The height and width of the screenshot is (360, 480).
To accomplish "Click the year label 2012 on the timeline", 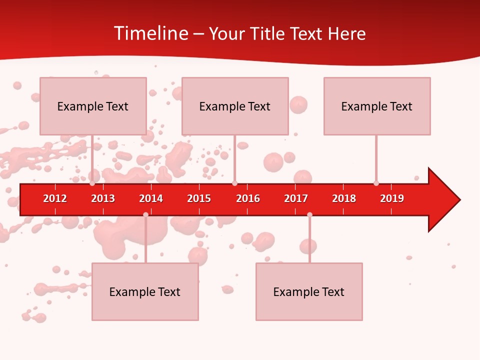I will (x=55, y=198).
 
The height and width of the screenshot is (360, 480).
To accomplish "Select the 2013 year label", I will (x=103, y=198).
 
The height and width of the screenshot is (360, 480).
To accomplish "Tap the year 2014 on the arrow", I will (x=151, y=198).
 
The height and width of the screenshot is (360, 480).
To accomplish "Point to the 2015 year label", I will (x=199, y=198).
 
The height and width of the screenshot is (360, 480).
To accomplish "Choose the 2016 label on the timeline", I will (x=248, y=198).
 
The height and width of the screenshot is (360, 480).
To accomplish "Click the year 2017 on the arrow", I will (x=296, y=198).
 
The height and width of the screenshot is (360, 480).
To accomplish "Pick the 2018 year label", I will (x=344, y=198).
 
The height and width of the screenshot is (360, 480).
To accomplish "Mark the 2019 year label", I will (x=392, y=198).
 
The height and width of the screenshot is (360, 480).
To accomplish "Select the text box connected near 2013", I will (x=93, y=106).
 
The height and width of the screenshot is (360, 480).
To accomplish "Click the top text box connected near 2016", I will (x=235, y=106).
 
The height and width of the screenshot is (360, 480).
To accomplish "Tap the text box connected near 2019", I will (x=377, y=106).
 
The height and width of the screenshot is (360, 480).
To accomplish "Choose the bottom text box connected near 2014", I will (x=145, y=291).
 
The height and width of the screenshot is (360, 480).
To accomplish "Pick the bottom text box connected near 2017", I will (x=309, y=291).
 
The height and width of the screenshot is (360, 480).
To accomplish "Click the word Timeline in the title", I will (x=150, y=33).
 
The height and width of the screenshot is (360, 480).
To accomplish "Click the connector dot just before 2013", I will (x=92, y=183).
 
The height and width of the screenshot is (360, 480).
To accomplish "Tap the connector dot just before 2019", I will (x=376, y=183).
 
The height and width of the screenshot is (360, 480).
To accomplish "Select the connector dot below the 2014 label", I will (x=145, y=214).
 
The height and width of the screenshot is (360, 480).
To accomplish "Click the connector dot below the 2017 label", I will (x=309, y=214).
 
